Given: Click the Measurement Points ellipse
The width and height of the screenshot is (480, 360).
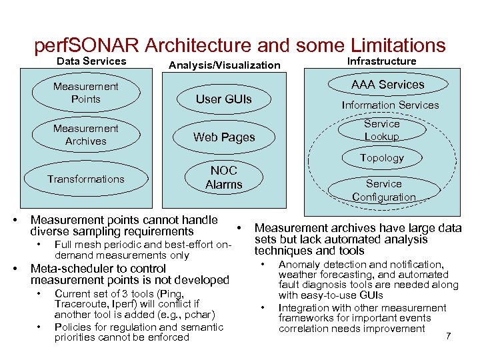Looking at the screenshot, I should coord(85,93).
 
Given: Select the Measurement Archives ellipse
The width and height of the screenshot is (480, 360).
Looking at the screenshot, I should coord(85,135).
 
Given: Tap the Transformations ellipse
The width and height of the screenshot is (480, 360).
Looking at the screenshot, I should coord(85,179).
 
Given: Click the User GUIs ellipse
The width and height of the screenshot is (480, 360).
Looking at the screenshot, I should coord(223,99).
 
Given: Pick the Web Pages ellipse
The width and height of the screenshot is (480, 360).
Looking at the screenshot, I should coord(223,137).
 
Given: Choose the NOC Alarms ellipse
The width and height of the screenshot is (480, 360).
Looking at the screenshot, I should coord(223,178).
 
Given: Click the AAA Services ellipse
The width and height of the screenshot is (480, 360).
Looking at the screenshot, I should coord(387,85).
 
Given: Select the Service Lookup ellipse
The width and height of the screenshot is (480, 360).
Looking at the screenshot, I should coord(382,130).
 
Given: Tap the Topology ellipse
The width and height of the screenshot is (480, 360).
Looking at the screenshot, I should coord(382,158).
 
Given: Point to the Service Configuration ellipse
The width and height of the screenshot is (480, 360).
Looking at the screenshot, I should coord(384,190).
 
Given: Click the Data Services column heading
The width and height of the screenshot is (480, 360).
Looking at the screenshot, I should coord(91,61).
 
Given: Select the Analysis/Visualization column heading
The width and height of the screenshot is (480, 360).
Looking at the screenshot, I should coord(225,65).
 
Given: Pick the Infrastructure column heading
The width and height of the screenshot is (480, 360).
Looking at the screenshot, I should coord(382,61).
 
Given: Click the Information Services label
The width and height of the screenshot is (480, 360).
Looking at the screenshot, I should coord(390,105).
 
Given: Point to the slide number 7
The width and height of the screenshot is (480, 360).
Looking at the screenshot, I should coord(448,335).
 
